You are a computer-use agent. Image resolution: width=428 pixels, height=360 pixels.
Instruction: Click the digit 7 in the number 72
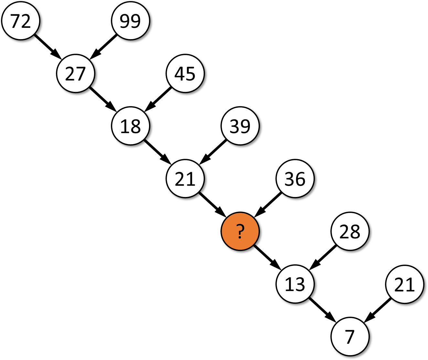[x=16, y=21]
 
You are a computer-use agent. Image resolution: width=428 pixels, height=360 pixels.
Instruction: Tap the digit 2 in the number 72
[x=26, y=21]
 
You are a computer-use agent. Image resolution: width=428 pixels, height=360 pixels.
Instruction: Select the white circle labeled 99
[x=131, y=21]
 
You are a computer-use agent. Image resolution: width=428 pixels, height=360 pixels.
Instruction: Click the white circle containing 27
[x=76, y=73]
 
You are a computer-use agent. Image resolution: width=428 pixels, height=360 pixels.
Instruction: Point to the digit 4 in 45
[x=180, y=74]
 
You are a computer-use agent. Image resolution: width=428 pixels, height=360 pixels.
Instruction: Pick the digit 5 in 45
[x=191, y=74]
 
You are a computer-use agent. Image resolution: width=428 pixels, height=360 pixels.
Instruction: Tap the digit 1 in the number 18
[x=125, y=126]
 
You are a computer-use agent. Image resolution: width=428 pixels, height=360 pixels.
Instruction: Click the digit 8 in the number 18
[x=136, y=126]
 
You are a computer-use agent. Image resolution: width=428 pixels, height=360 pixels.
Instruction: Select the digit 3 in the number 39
[x=235, y=126]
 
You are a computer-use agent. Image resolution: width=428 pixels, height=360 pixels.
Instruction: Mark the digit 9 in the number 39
[x=245, y=126]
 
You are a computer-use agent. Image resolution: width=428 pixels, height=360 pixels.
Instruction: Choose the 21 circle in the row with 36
[x=185, y=179]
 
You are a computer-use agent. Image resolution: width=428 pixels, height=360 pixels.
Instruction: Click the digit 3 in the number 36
[x=290, y=179]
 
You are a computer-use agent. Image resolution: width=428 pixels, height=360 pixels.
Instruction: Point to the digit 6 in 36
[x=300, y=179]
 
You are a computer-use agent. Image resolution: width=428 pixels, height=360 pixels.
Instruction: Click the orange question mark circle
[x=240, y=231]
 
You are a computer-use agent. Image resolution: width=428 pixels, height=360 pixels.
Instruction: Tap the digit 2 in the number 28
[x=345, y=232]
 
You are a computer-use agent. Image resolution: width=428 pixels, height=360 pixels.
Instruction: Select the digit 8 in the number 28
[x=355, y=232]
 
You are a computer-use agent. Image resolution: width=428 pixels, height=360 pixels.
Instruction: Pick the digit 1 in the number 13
[x=289, y=285]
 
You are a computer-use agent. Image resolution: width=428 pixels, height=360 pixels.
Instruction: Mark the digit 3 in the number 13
[x=300, y=285]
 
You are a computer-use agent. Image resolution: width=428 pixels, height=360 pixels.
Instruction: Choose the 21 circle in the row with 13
[x=405, y=284]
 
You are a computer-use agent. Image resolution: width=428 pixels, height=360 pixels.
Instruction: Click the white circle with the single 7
[x=350, y=337]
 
